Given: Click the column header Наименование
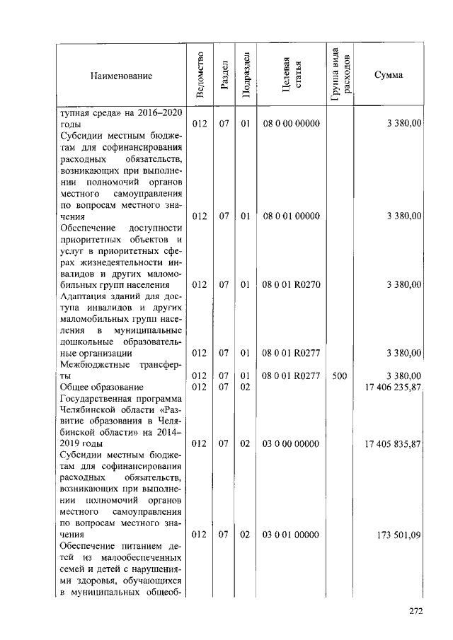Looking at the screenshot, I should pos(120,76).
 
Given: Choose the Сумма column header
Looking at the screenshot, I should pos(389,76).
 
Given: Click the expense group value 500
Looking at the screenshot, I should pos(339,376).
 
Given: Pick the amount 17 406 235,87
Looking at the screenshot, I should pos(391,388).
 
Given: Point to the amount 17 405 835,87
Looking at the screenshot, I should pos(391,443).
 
